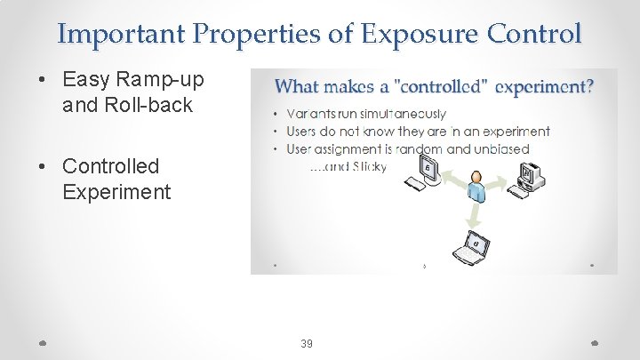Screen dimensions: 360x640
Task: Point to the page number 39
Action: [307, 343]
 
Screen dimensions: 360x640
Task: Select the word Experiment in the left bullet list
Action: [116, 191]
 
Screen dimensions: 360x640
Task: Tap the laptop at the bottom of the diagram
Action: [471, 248]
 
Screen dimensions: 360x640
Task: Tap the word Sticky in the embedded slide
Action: [368, 165]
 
